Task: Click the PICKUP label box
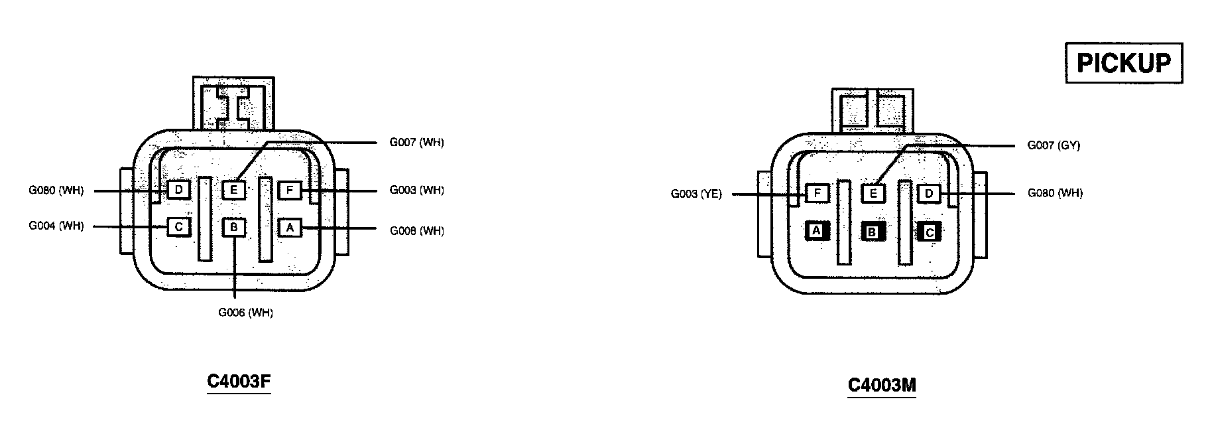click(x=1123, y=63)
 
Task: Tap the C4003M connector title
click(x=882, y=386)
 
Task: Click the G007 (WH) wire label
click(x=416, y=143)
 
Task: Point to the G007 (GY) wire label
click(x=1054, y=145)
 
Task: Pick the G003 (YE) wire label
click(x=696, y=194)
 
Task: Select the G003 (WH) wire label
click(x=416, y=190)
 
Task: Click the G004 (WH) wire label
click(x=56, y=226)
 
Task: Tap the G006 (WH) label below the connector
click(x=245, y=313)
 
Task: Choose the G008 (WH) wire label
click(x=416, y=231)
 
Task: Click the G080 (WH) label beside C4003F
click(x=56, y=191)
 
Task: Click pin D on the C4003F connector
click(x=178, y=190)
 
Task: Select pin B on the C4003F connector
click(x=234, y=228)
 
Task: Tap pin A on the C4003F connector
click(x=290, y=228)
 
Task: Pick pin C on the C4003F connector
click(x=178, y=228)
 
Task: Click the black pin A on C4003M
click(x=817, y=231)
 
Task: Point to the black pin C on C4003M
click(x=930, y=232)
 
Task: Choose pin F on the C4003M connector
click(x=817, y=194)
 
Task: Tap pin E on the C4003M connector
click(x=873, y=194)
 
